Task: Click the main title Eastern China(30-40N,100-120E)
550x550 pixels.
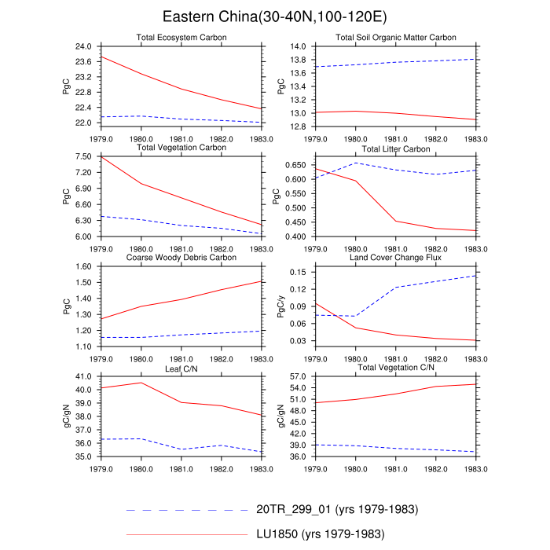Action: pos(275,16)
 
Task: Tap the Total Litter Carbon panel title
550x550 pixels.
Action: pos(395,148)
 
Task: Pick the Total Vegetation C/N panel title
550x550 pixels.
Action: pos(395,368)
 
